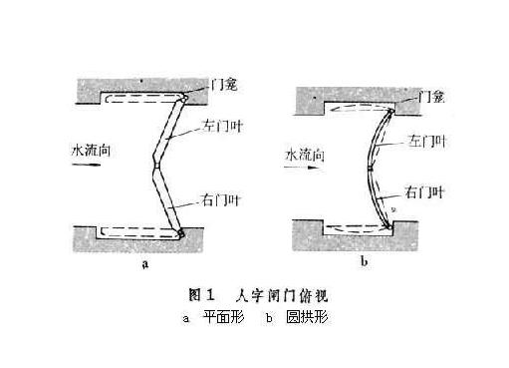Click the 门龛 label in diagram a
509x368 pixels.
[x=224, y=87]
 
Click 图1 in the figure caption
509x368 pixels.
[x=202, y=295]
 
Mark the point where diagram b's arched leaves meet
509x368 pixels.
[x=371, y=166]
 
